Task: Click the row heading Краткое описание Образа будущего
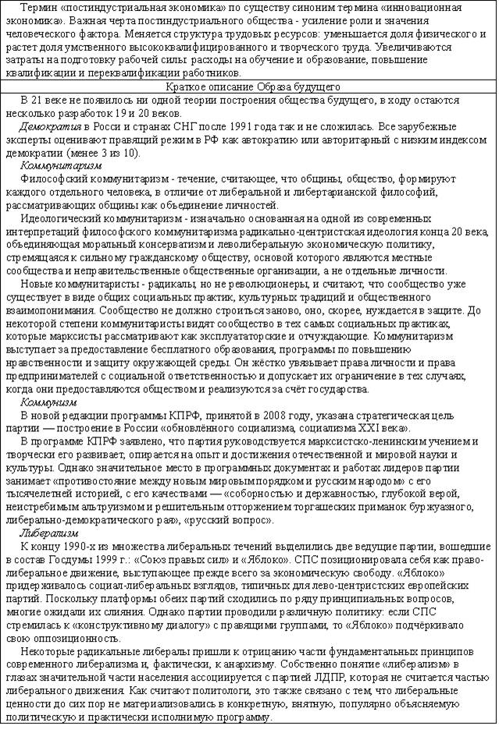coord(249,87)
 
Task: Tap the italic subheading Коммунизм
coord(48,402)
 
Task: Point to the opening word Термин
coord(38,7)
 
